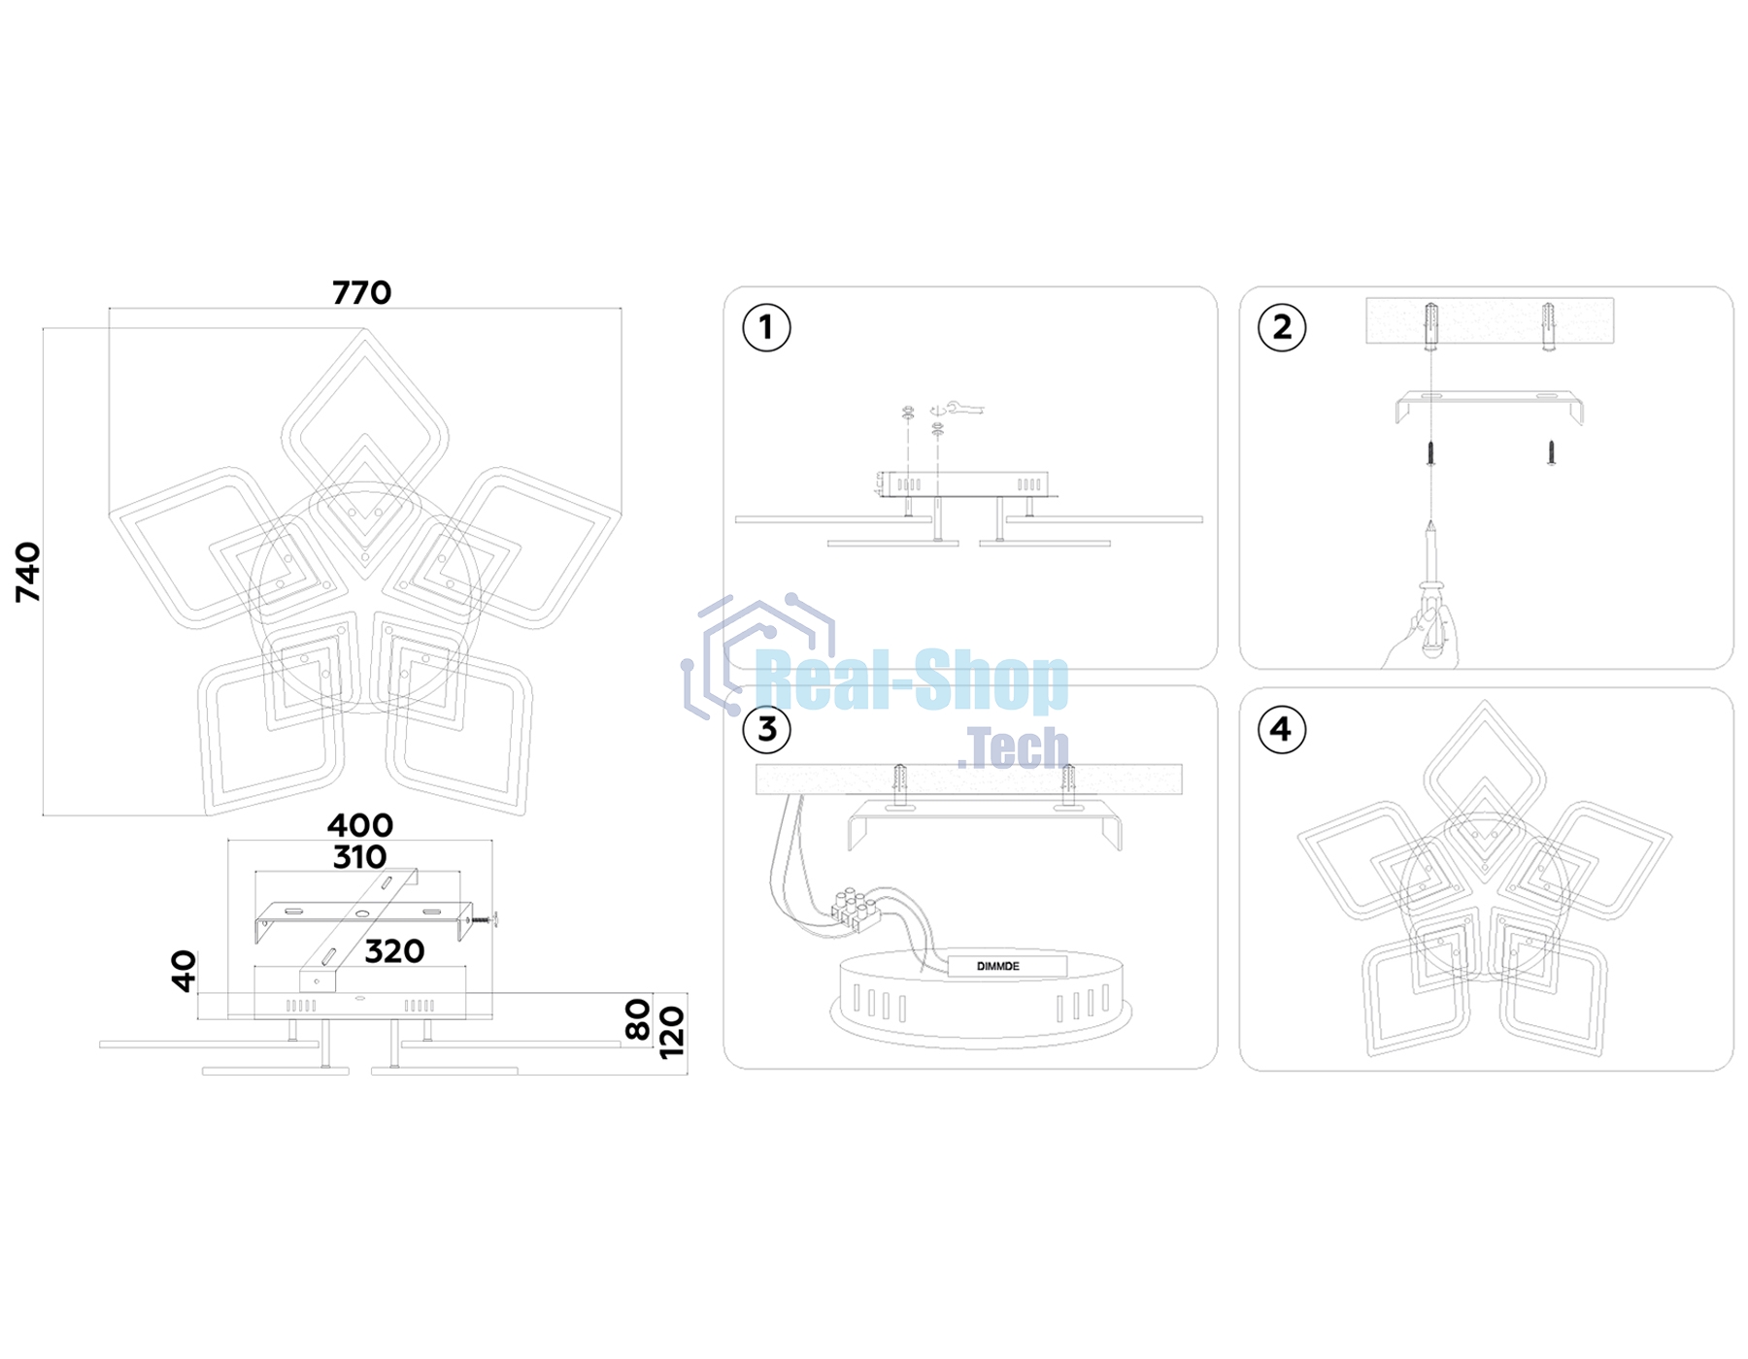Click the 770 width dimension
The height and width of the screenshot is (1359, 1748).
click(361, 292)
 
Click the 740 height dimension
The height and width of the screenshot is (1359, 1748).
click(28, 573)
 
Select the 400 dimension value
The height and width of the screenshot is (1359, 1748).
click(359, 825)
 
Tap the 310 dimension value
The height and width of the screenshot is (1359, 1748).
click(359, 857)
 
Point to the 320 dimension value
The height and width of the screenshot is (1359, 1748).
click(394, 951)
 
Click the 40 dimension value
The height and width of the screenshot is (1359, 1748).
click(184, 971)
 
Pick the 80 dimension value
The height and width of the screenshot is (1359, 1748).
click(637, 1019)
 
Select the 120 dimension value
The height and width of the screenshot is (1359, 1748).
click(671, 1033)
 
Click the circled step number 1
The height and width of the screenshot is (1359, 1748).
click(766, 328)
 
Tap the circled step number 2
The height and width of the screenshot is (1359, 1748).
click(1282, 328)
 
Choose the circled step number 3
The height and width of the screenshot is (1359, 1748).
click(766, 729)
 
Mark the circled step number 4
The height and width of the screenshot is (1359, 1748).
click(1282, 729)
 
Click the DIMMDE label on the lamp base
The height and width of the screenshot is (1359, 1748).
click(997, 966)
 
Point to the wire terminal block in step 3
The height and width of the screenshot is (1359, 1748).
click(855, 910)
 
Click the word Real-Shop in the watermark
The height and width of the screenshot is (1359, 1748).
click(911, 681)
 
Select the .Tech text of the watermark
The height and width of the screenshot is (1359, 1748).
click(1013, 747)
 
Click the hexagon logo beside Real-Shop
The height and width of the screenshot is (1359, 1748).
click(757, 655)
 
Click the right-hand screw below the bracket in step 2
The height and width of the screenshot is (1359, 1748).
click(1551, 452)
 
